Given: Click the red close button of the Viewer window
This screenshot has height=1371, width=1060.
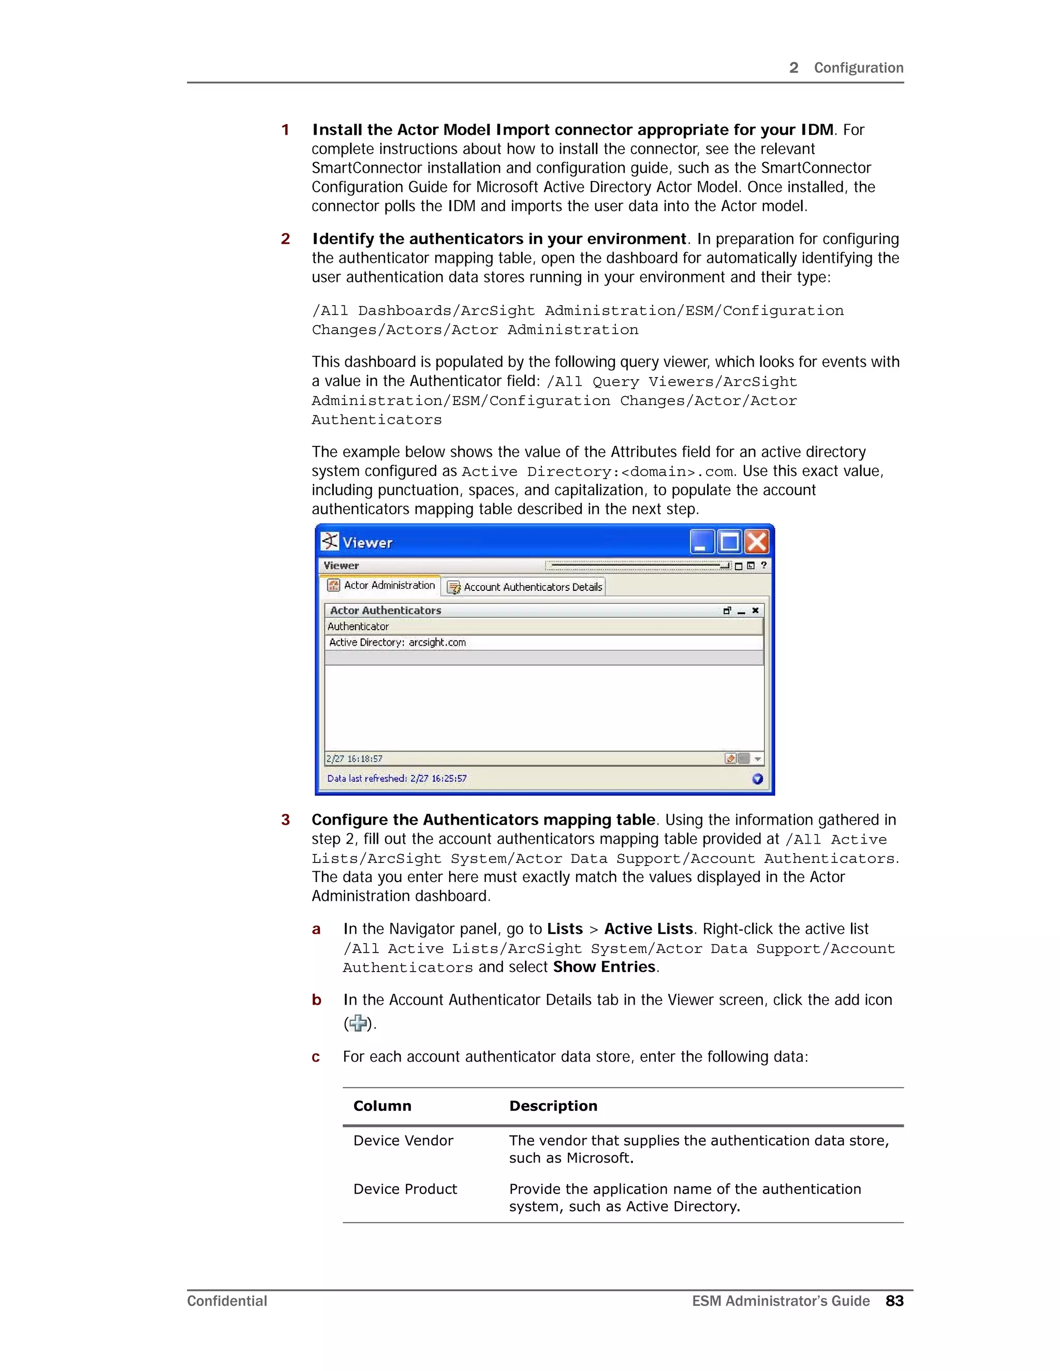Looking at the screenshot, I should pyautogui.click(x=757, y=542).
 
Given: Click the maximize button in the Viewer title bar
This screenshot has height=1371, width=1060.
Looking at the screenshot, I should pyautogui.click(x=730, y=542).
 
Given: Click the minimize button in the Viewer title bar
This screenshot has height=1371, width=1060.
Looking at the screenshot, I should pyautogui.click(x=702, y=542).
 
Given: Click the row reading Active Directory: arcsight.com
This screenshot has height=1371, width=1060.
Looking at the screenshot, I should pyautogui.click(x=397, y=642).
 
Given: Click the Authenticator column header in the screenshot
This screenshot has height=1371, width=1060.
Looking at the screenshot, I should pyautogui.click(x=358, y=627).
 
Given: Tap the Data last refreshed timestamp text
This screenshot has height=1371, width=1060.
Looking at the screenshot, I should pyautogui.click(x=396, y=779).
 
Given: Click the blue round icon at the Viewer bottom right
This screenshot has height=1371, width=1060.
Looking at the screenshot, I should pyautogui.click(x=757, y=779).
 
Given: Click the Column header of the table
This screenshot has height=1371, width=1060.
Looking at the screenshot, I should pyautogui.click(x=382, y=1106).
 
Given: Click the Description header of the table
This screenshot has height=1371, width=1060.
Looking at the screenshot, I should pyautogui.click(x=553, y=1106).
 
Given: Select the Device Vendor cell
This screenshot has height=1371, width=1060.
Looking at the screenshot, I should pyautogui.click(x=403, y=1141).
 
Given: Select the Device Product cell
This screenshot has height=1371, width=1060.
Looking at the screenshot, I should pyautogui.click(x=405, y=1189).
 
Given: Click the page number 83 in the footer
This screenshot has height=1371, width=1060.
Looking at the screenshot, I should pyautogui.click(x=894, y=1301).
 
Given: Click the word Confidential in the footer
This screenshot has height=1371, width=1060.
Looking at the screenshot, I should pyautogui.click(x=227, y=1301).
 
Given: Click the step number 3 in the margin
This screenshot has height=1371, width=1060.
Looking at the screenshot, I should pyautogui.click(x=285, y=820).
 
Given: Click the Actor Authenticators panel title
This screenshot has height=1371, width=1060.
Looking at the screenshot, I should pyautogui.click(x=385, y=610).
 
